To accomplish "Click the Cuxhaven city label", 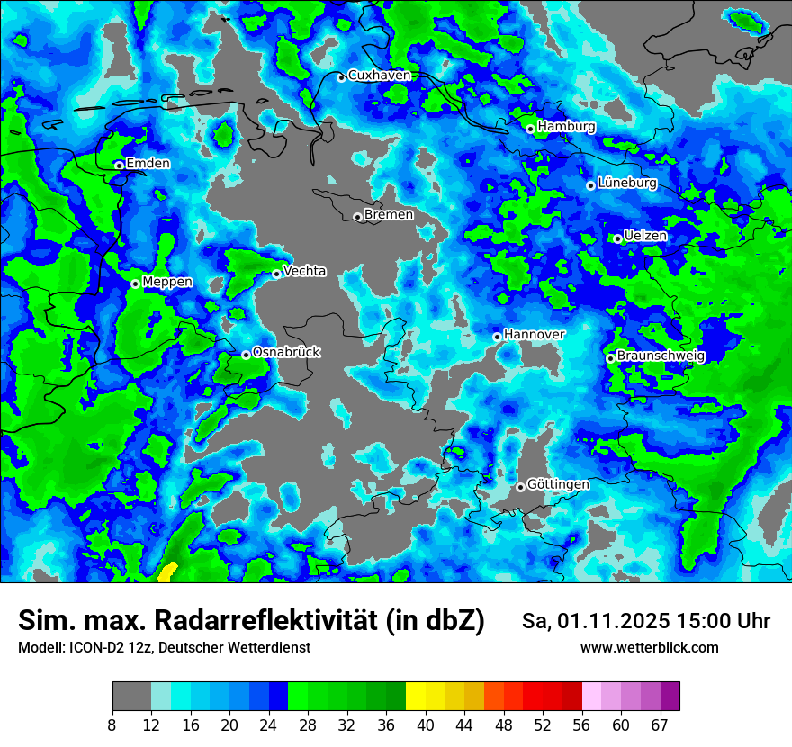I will click(379, 76).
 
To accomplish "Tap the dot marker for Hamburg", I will click(531, 129).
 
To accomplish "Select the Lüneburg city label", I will click(627, 183).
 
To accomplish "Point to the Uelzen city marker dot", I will click(618, 238).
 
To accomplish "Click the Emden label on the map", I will click(148, 163).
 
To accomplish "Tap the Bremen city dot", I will click(357, 217).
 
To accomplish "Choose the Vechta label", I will click(304, 271).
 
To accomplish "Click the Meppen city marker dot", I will click(135, 283).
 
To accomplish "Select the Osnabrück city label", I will click(286, 352).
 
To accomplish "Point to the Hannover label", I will click(534, 334).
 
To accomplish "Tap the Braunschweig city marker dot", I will click(610, 358).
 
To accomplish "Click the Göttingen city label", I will click(558, 484).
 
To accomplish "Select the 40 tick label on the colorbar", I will click(426, 724).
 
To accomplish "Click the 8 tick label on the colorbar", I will click(112, 724).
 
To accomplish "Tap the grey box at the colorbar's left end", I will click(131, 697).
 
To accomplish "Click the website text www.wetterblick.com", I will click(649, 648).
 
